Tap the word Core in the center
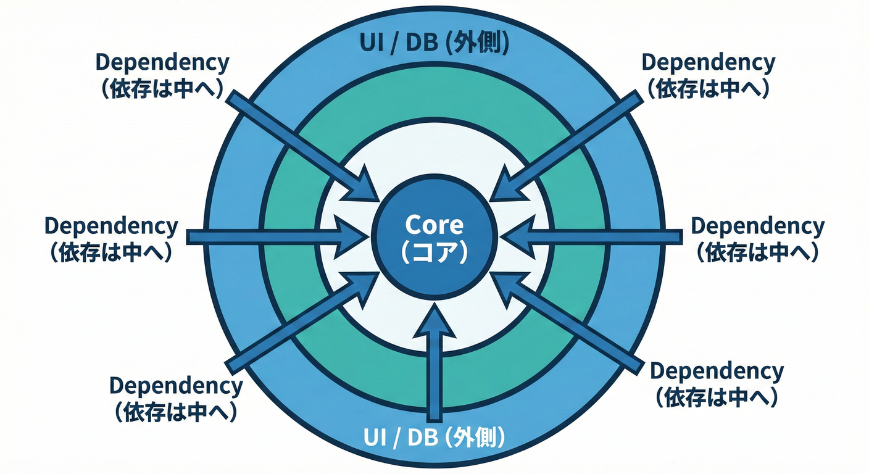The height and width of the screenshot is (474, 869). pos(434,225)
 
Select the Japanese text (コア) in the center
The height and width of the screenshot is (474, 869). pos(434,251)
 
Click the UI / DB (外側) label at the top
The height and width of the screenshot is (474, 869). pos(434,44)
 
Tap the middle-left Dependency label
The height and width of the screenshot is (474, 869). pos(111,226)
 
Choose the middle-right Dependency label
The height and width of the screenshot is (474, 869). pos(757,226)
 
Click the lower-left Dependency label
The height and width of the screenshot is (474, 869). pos(176,386)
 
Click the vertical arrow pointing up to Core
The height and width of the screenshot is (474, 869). pos(436,364)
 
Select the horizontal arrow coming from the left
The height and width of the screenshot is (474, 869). pos(272,236)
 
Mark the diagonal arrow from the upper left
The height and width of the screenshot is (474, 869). pos(296,141)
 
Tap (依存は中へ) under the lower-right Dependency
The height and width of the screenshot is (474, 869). pos(717,397)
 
